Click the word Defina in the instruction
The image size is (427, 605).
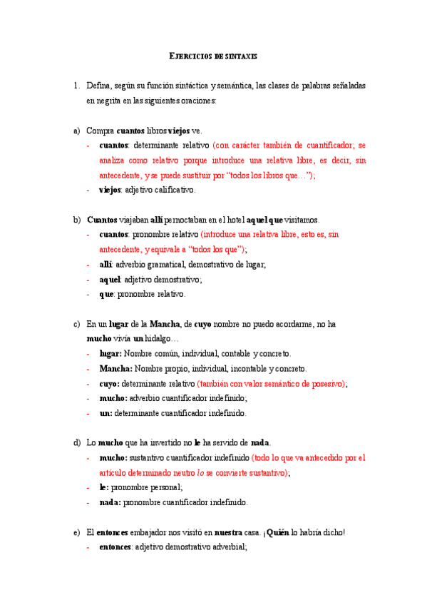pyautogui.click(x=98, y=86)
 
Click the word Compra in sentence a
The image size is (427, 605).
pyautogui.click(x=100, y=131)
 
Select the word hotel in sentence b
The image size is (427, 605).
pyautogui.click(x=233, y=220)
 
